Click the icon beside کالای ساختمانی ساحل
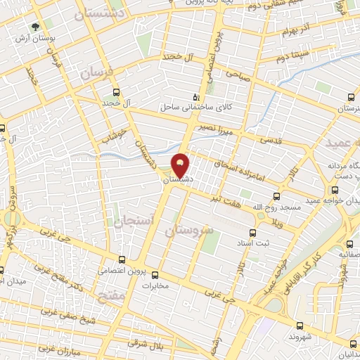coord(196,98)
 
